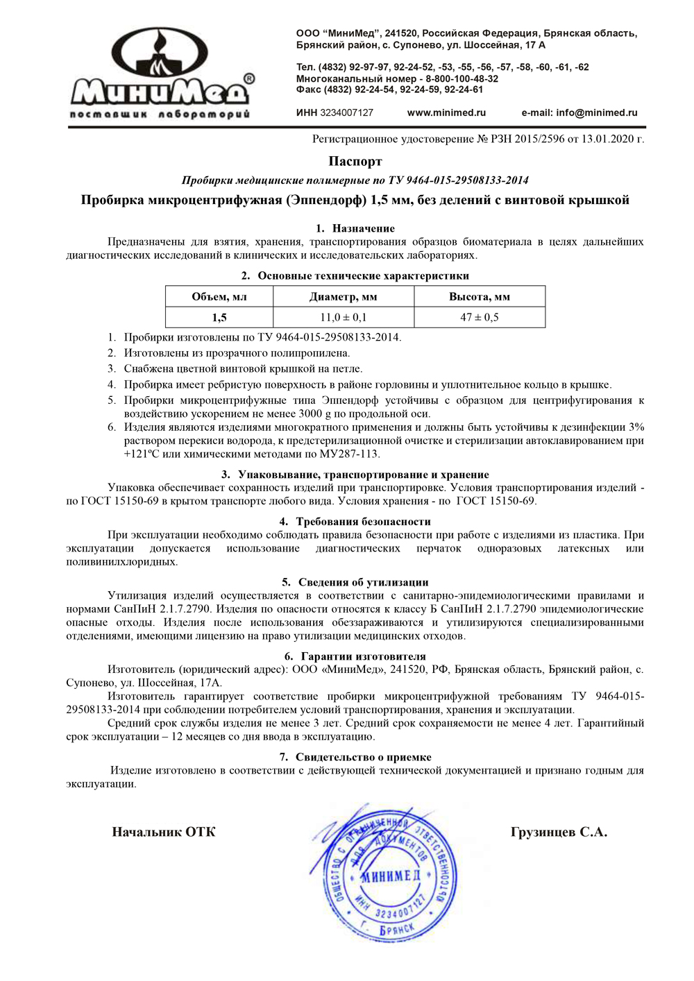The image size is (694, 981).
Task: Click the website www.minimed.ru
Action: (446, 112)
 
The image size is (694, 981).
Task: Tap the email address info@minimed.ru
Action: (596, 112)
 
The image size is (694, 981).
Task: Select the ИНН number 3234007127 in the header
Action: (346, 112)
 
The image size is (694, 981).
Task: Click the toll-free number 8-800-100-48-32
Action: (462, 78)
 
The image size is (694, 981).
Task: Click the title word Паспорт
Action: (355, 162)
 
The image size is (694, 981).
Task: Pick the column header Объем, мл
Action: (219, 297)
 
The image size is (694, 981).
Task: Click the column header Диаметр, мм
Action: (344, 297)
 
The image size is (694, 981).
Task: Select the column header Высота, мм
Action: (480, 297)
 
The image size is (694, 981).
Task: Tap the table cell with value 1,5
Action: (219, 317)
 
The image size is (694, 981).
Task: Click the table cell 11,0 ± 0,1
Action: (344, 317)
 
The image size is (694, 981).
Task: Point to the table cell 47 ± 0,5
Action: (480, 317)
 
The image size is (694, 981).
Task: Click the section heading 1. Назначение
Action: (355, 228)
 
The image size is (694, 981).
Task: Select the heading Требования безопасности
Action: (363, 521)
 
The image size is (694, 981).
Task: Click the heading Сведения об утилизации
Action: (363, 582)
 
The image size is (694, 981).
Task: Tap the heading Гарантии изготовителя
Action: (363, 656)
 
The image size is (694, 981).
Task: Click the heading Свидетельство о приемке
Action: (363, 757)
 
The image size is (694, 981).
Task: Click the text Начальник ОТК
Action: (164, 832)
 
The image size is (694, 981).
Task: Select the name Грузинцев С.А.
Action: (559, 832)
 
